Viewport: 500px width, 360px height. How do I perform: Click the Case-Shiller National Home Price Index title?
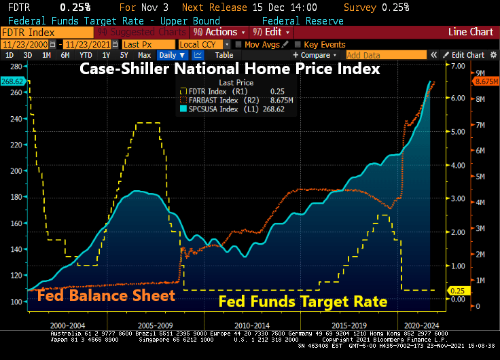pos(230,69)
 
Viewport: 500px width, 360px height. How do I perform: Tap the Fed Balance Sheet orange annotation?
pos(106,295)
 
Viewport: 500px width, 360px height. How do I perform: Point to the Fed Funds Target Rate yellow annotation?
pos(303,301)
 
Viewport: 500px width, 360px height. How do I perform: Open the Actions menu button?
pos(217,32)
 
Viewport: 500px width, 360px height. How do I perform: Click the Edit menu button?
pos(272,32)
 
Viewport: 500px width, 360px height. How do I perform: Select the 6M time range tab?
pos(65,55)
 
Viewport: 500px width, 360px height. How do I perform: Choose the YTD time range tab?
pos(86,55)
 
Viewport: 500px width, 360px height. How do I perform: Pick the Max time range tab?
pos(144,55)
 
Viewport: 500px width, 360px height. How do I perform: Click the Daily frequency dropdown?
pos(172,55)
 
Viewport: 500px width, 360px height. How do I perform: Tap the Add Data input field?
pos(374,55)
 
